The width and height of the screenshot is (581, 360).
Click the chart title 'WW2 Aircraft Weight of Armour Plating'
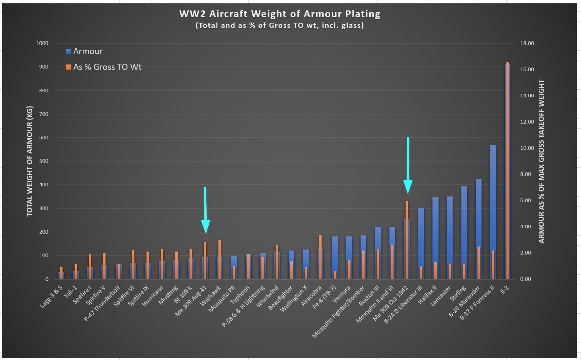[x=280, y=14]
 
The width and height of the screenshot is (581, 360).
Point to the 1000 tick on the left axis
[x=42, y=43]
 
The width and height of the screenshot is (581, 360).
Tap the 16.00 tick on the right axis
[x=527, y=70]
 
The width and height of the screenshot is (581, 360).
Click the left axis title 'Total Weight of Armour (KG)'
[x=30, y=161]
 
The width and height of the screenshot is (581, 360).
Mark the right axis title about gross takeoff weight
[x=541, y=161]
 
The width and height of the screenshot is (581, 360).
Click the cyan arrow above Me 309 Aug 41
[x=205, y=210]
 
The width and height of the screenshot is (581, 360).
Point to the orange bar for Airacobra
[x=320, y=257]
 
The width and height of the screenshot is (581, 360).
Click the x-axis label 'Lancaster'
[x=441, y=296]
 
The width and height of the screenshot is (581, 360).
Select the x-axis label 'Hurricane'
[x=153, y=296]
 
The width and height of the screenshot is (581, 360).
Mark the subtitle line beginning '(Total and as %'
[x=280, y=26]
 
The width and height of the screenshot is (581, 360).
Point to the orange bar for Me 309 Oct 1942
[x=407, y=240]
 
